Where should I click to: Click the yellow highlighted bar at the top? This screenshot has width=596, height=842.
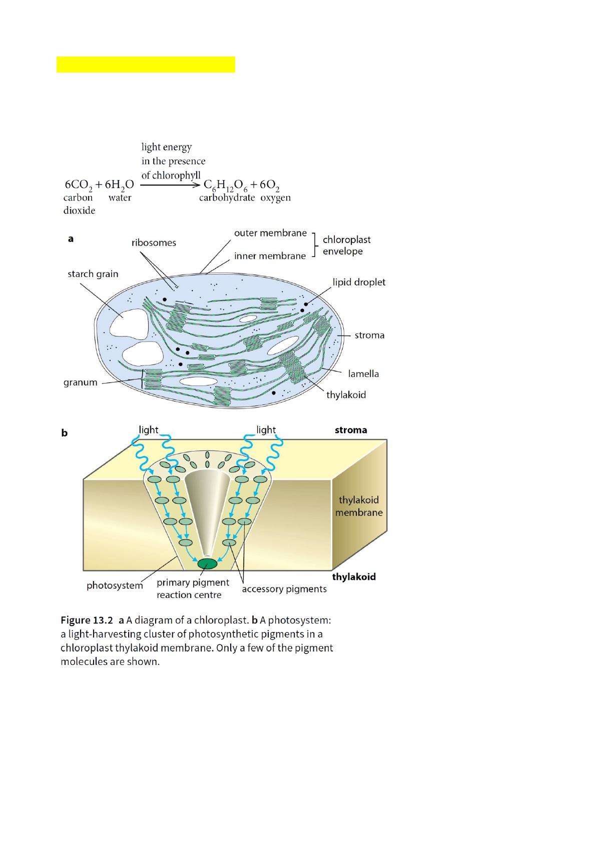pyautogui.click(x=146, y=64)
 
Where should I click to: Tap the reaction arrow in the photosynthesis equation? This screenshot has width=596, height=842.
pyautogui.click(x=170, y=184)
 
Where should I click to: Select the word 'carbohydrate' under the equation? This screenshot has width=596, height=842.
pyautogui.click(x=227, y=197)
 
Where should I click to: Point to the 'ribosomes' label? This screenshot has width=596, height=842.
pyautogui.click(x=154, y=243)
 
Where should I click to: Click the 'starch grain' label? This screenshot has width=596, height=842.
pyautogui.click(x=93, y=274)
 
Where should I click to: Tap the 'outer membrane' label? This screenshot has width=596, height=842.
pyautogui.click(x=270, y=233)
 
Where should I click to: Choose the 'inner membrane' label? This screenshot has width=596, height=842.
pyautogui.click(x=270, y=256)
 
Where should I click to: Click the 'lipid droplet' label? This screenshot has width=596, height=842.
pyautogui.click(x=359, y=282)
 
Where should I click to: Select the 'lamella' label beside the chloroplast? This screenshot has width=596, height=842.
pyautogui.click(x=363, y=373)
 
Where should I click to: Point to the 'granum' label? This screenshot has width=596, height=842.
pyautogui.click(x=80, y=382)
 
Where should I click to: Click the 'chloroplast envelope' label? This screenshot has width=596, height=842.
pyautogui.click(x=346, y=245)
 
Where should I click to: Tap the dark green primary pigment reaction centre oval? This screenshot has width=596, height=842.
pyautogui.click(x=207, y=564)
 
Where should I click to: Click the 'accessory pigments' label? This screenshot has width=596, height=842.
pyautogui.click(x=284, y=589)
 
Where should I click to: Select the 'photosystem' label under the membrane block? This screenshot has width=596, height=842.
pyautogui.click(x=115, y=585)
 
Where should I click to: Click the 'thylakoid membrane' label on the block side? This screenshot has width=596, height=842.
pyautogui.click(x=359, y=506)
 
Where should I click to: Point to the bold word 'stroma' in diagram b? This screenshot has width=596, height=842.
pyautogui.click(x=351, y=430)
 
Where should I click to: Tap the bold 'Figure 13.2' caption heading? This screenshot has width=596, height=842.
pyautogui.click(x=87, y=620)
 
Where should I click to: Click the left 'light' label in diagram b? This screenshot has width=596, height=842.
pyautogui.click(x=149, y=429)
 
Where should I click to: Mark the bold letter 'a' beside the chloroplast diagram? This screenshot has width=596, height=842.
pyautogui.click(x=71, y=239)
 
